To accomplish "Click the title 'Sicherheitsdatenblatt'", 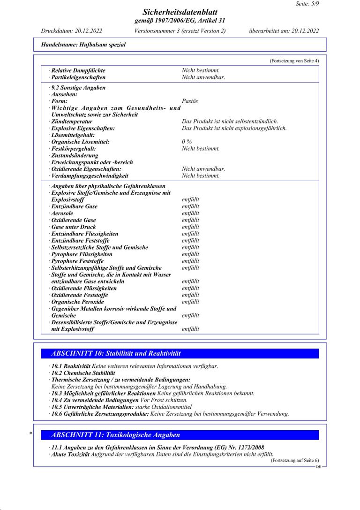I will pyautogui.click(x=180, y=12).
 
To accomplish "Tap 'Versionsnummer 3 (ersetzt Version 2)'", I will pyautogui.click(x=180, y=31).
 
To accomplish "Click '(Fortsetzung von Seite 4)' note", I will pyautogui.click(x=294, y=61).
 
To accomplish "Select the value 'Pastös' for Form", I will pyautogui.click(x=190, y=101).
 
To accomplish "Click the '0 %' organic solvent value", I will pyautogui.click(x=187, y=142).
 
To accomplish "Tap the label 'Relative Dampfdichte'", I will pyautogui.click(x=78, y=70).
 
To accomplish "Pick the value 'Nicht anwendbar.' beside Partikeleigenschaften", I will pyautogui.click(x=203, y=77).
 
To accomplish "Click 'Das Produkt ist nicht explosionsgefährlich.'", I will pyautogui.click(x=234, y=128).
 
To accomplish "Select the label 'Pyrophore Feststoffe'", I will pyautogui.click(x=77, y=261).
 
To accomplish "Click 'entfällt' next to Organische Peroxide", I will pyautogui.click(x=190, y=302).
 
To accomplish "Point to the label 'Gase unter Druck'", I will pyautogui.click(x=74, y=227).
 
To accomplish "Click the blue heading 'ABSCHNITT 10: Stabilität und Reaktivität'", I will pyautogui.click(x=116, y=353).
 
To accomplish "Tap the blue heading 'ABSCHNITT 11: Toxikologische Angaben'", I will pyautogui.click(x=115, y=435).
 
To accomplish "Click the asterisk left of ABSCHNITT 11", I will pyautogui.click(x=31, y=434).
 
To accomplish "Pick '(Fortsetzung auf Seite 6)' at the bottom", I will pyautogui.click(x=294, y=461).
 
